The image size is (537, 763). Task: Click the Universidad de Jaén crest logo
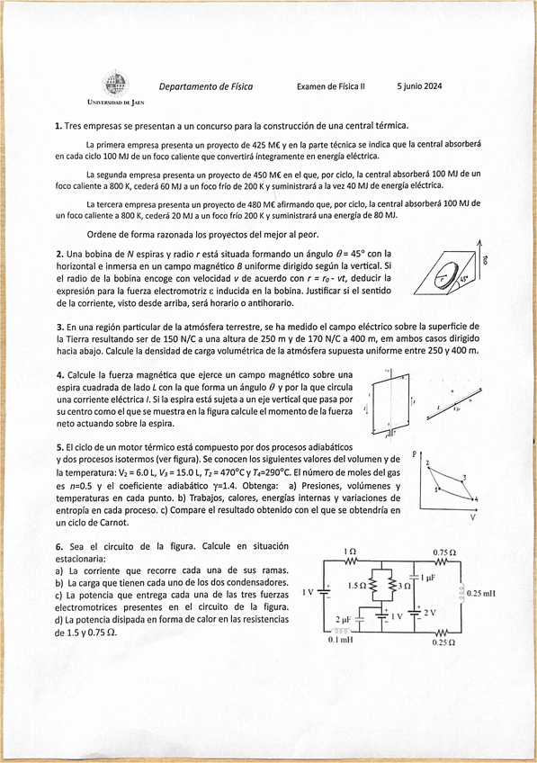click(x=112, y=85)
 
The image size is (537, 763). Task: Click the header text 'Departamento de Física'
click(x=206, y=86)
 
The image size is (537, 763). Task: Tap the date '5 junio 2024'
click(x=419, y=86)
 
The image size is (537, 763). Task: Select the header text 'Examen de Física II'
click(x=331, y=86)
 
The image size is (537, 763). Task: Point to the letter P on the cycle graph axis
click(x=415, y=454)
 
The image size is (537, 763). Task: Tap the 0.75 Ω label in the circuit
click(x=443, y=552)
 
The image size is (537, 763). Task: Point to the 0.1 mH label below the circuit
click(x=340, y=640)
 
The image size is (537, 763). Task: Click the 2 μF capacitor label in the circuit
click(x=343, y=620)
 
